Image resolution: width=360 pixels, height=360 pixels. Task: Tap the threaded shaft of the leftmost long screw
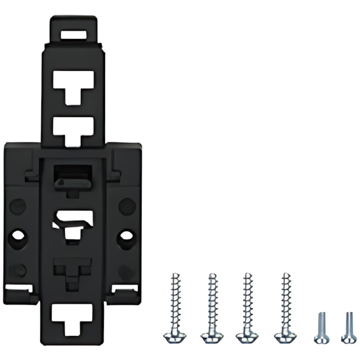(x=174, y=300)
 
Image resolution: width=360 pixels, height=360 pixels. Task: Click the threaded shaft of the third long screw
(x=245, y=300)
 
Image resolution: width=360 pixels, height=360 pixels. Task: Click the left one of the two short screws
(x=320, y=327)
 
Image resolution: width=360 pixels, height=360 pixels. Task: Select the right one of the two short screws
(x=347, y=327)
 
